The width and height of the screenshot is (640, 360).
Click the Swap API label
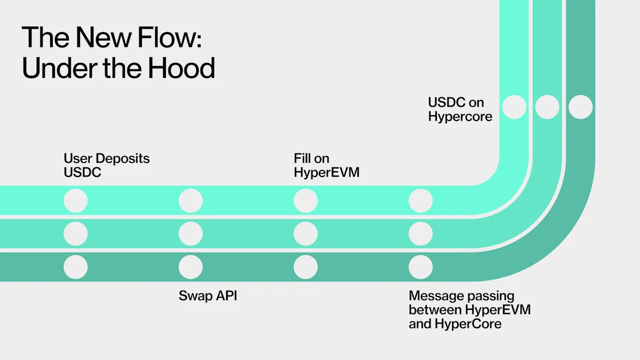207,295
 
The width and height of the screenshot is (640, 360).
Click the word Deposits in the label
122,158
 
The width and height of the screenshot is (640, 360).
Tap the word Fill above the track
303,158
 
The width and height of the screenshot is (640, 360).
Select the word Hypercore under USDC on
460,116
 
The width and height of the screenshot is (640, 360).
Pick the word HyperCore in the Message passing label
468,323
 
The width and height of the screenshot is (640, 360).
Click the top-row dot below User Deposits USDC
76,201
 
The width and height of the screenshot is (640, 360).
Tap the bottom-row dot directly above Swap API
190,267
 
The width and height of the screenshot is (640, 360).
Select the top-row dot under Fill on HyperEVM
306,201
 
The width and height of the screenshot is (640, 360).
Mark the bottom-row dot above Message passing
421,267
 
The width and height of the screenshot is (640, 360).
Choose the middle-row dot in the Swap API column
190,234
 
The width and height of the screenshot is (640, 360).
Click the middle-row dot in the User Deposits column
76,234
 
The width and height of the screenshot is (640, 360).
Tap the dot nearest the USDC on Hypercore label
514,107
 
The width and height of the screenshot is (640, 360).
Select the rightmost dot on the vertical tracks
580,107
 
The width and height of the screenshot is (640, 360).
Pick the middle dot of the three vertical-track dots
547,107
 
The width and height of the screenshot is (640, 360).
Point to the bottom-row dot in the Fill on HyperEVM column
306,267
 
